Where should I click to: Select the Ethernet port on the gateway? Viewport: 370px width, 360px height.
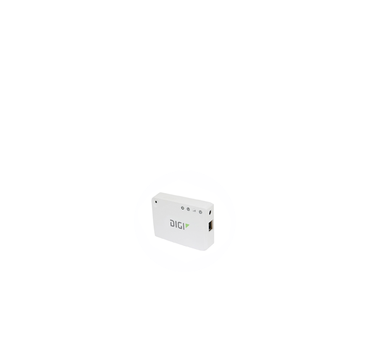tap(212, 226)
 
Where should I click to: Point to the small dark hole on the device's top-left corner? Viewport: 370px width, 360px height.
tap(157, 202)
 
